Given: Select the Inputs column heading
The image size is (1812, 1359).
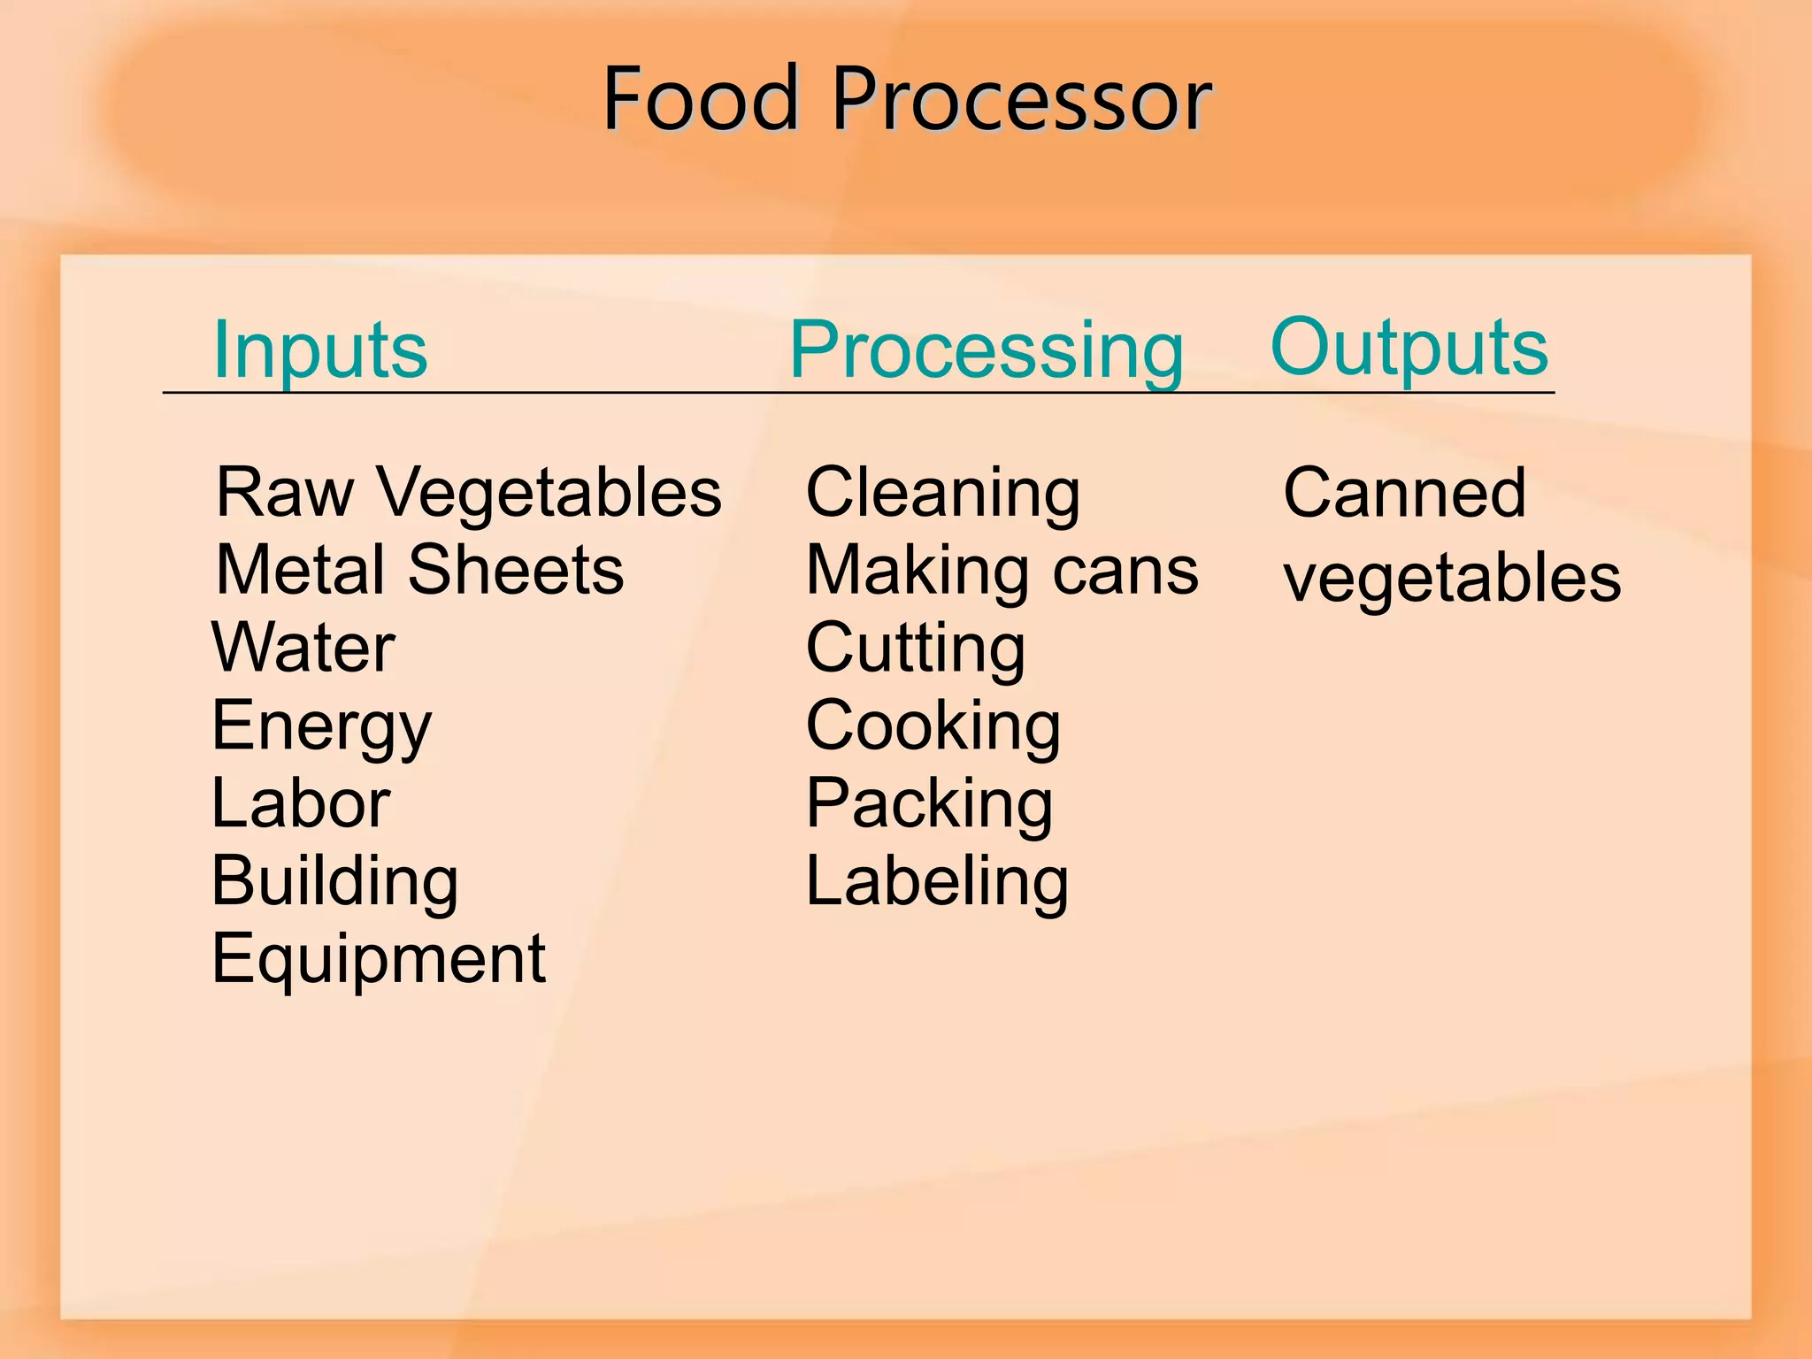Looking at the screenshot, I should coord(320,349).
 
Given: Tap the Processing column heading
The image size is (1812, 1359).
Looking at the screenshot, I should coord(986,351).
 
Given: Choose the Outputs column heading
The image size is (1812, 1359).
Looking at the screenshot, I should coord(1409,348).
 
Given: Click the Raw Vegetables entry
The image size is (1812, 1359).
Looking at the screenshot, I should coord(468,492).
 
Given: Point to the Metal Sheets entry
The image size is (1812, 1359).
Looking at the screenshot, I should coord(419,570).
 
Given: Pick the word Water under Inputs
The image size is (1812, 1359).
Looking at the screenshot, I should coord(303,648).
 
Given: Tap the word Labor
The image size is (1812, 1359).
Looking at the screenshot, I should coord(301,803).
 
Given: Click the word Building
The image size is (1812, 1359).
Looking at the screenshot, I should coord(334,882).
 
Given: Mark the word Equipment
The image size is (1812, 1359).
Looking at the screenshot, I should coord(379,959).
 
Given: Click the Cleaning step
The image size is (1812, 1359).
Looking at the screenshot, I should coord(942,494).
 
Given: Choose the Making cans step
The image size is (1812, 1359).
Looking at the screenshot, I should coord(1002,572).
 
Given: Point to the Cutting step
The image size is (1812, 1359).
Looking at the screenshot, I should coord(915,649).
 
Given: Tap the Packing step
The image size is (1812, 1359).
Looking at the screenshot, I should coord(929,804).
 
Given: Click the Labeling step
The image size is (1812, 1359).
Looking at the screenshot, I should coord(937,882).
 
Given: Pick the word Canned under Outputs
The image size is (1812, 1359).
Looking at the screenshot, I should coord(1404,493).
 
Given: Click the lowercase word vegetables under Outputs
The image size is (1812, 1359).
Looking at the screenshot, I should coord(1452,577).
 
